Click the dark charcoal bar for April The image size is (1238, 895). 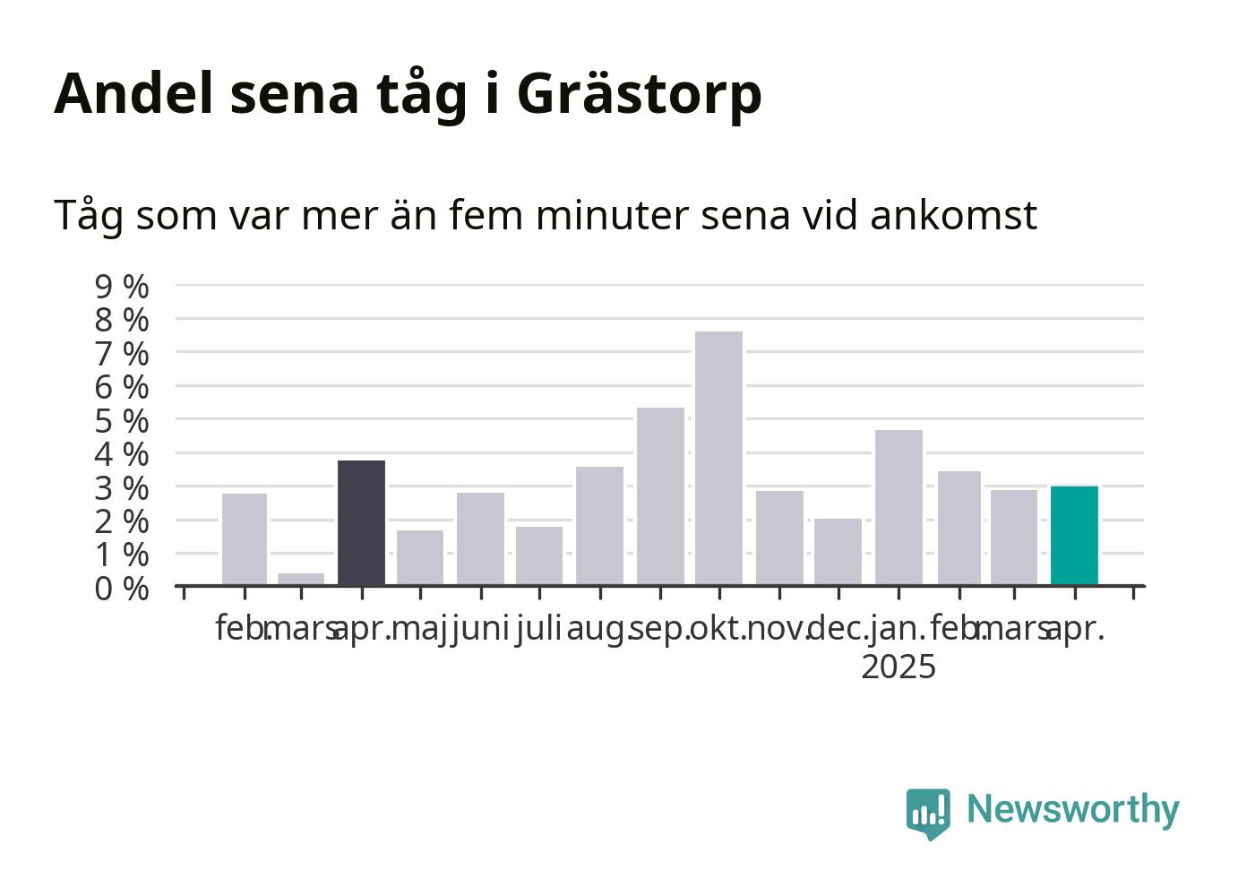pyautogui.click(x=361, y=523)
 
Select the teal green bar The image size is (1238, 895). pyautogui.click(x=1074, y=536)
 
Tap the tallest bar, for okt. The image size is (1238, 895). pyautogui.click(x=718, y=459)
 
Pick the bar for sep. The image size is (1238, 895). pyautogui.click(x=660, y=496)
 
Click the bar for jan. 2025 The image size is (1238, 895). pyautogui.click(x=898, y=507)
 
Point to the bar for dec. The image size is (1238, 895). pyautogui.click(x=838, y=552)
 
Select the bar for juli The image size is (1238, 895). pyautogui.click(x=539, y=556)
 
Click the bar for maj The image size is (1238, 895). pyautogui.click(x=420, y=558)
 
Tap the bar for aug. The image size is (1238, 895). pyautogui.click(x=599, y=526)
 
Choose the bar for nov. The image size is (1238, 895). pyautogui.click(x=779, y=538)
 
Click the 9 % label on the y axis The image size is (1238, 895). pyautogui.click(x=122, y=287)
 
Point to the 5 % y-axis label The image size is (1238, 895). pyautogui.click(x=122, y=421)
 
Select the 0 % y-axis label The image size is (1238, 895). pyautogui.click(x=122, y=589)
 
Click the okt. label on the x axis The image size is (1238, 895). pyautogui.click(x=718, y=629)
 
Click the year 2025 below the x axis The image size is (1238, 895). pyautogui.click(x=898, y=667)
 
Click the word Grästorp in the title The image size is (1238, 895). pyautogui.click(x=639, y=95)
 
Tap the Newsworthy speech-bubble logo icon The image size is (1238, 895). pyautogui.click(x=928, y=813)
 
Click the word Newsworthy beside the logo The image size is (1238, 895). pyautogui.click(x=1073, y=811)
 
